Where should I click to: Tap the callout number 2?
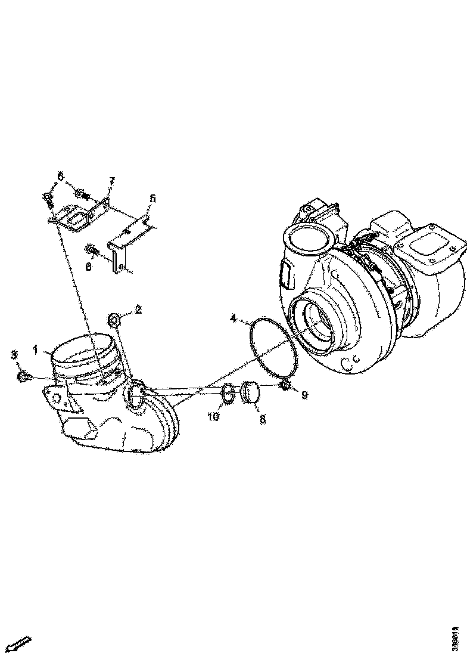pyautogui.click(x=138, y=310)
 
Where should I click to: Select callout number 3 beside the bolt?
pyautogui.click(x=14, y=355)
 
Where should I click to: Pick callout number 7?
pyautogui.click(x=111, y=181)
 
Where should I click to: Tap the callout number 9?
pyautogui.click(x=304, y=395)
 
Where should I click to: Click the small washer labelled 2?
pyautogui.click(x=114, y=321)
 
